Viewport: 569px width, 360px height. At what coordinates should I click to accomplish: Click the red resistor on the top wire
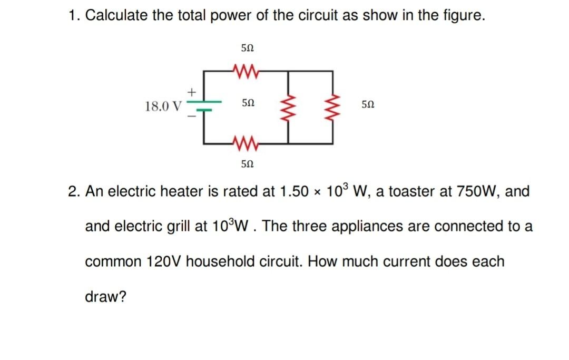click(x=243, y=71)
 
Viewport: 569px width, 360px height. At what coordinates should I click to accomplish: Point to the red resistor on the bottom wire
click(x=243, y=143)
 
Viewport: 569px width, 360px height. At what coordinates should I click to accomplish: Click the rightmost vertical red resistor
click(x=332, y=106)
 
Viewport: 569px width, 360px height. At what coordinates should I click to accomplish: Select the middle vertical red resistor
click(x=289, y=106)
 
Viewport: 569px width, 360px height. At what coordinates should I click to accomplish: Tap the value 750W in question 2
click(x=470, y=191)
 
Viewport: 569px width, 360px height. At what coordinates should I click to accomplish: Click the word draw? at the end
click(x=105, y=297)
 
